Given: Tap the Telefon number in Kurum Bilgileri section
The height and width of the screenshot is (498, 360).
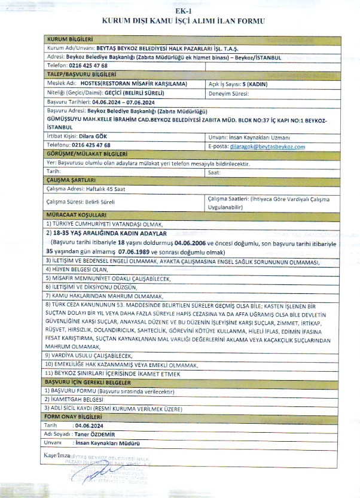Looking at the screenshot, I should pyautogui.click(x=89, y=65).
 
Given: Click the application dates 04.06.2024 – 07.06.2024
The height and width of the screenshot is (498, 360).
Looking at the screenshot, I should pyautogui.click(x=114, y=103).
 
